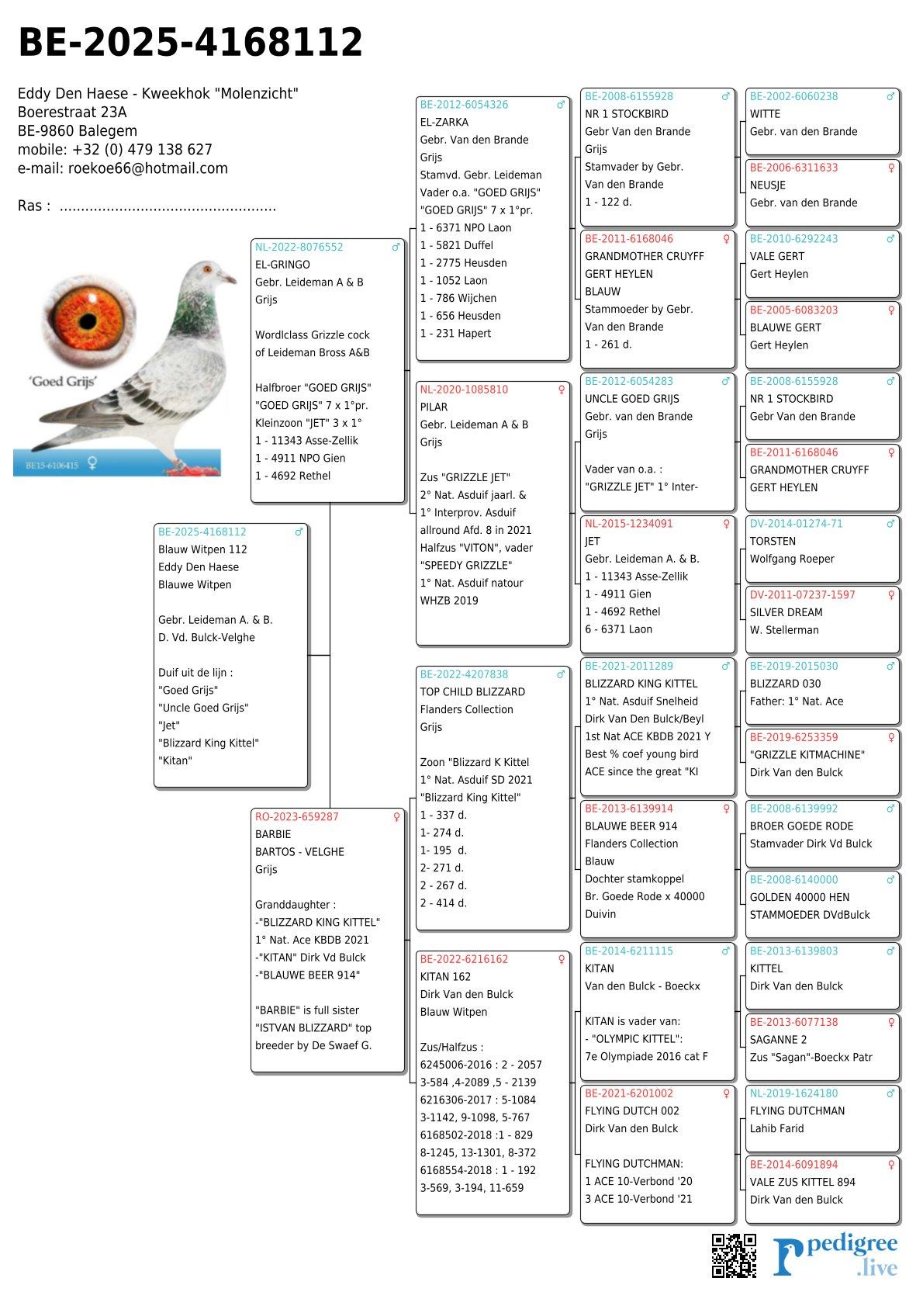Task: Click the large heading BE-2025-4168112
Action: tap(190, 43)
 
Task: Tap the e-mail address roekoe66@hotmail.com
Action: tap(148, 168)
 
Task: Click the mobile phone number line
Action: tap(115, 150)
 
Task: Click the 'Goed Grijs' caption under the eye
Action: tap(63, 381)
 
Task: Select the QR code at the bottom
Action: tap(734, 1255)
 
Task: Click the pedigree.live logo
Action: tap(835, 1256)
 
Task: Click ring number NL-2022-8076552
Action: tap(299, 247)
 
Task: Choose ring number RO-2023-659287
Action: tap(297, 816)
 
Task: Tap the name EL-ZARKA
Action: tap(444, 122)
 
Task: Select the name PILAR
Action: tap(434, 407)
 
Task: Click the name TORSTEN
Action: tap(773, 541)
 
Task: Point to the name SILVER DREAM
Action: tap(786, 612)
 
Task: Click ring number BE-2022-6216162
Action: tap(465, 959)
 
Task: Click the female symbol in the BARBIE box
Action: tap(396, 816)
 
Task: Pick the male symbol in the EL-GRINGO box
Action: tap(396, 247)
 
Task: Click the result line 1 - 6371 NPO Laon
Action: tap(466, 227)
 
